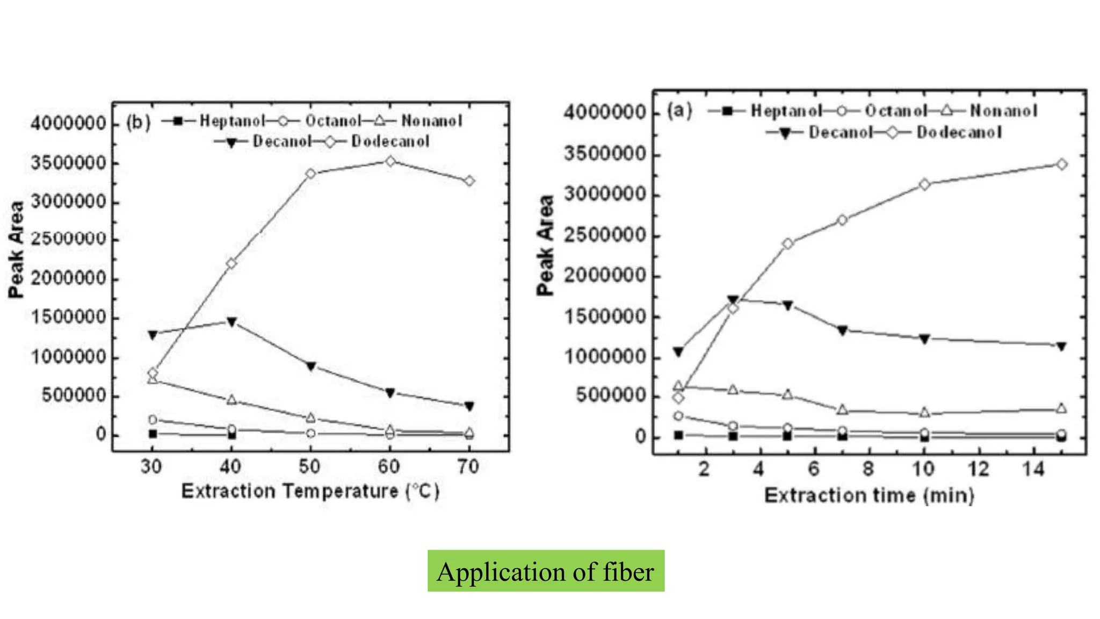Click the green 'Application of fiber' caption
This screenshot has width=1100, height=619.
click(546, 571)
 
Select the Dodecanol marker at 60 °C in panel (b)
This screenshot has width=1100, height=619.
click(390, 161)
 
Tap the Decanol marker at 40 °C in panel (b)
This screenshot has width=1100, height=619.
click(231, 322)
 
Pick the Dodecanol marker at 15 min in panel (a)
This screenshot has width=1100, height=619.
click(1061, 164)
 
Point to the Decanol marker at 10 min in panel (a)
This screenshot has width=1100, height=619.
click(924, 339)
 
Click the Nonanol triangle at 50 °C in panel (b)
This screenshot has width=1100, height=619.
click(310, 418)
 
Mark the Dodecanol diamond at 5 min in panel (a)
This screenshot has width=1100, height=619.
click(787, 243)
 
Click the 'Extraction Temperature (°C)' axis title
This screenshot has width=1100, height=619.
click(310, 491)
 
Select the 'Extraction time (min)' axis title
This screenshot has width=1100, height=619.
click(869, 495)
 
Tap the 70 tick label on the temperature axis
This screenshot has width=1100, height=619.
click(468, 466)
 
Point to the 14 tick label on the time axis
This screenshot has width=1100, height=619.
click(1033, 470)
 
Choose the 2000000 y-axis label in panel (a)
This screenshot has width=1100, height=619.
click(604, 276)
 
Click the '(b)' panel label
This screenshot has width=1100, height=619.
click(138, 123)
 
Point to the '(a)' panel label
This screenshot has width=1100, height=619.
click(679, 111)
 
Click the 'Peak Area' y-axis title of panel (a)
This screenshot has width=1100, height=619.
click(545, 245)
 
